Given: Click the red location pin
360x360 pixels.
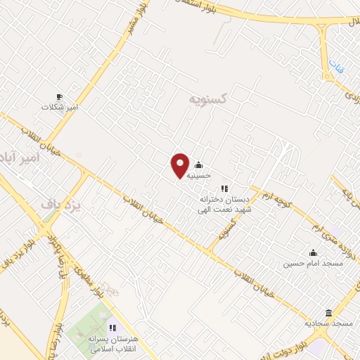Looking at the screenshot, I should pos(180,165).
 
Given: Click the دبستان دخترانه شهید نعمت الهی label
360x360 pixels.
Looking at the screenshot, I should pos(225,204).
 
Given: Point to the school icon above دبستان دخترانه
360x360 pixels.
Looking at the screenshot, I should pos(225,188).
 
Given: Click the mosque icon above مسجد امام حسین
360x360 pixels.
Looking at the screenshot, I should pos(313,253).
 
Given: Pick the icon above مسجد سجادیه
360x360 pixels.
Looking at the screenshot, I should pos(328,313).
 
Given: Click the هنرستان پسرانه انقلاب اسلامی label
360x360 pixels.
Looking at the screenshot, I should pos(112,343).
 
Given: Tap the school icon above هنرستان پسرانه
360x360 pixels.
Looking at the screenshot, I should pos(112,327).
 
